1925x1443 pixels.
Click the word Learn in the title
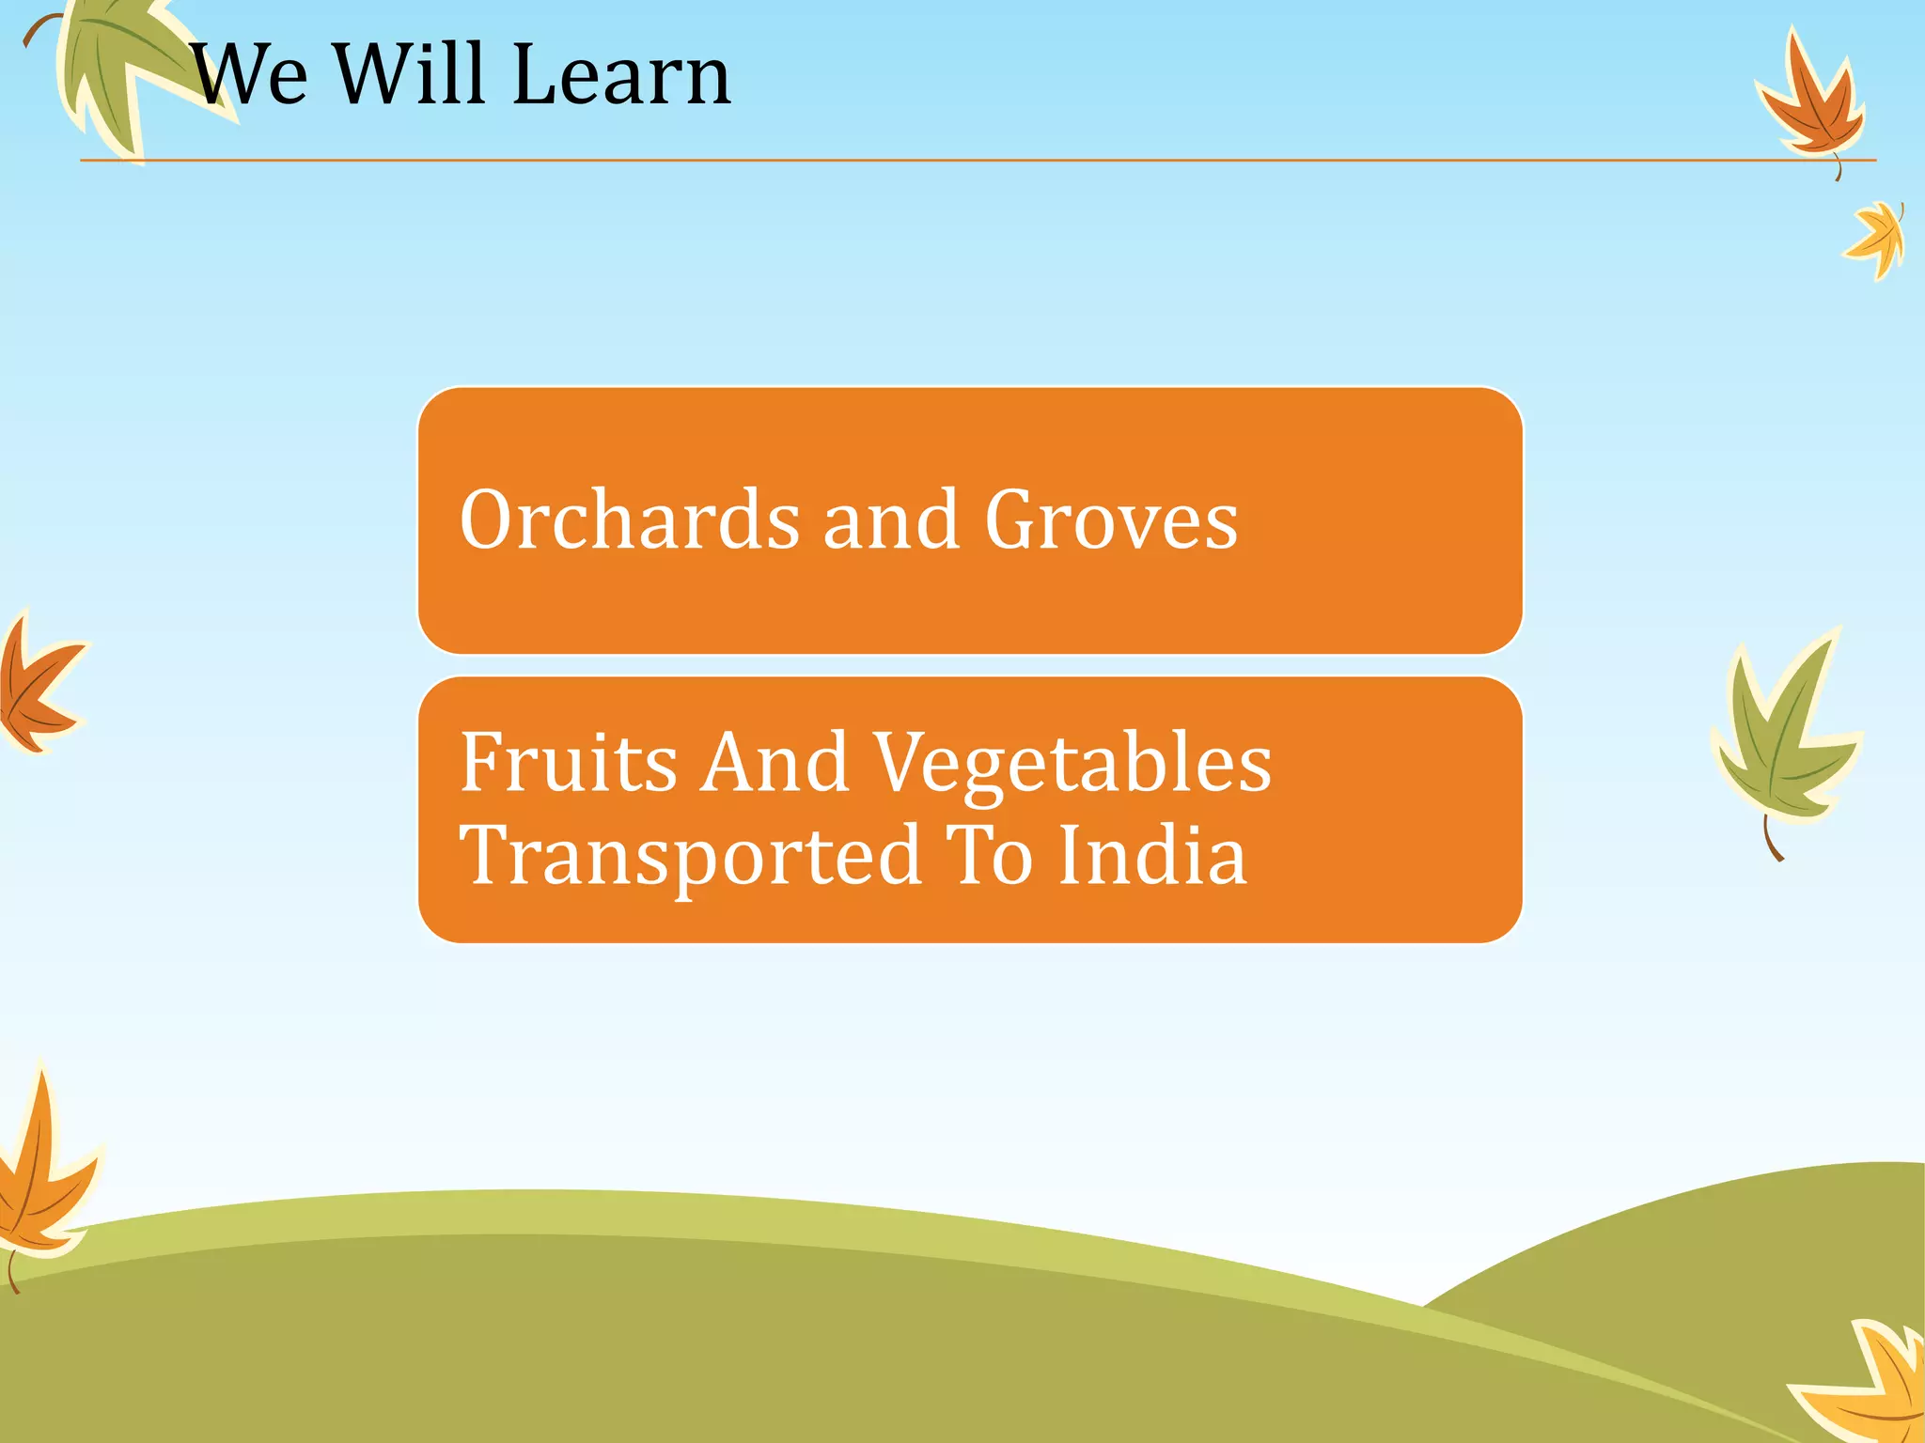click(x=621, y=75)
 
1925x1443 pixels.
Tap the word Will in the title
click(x=415, y=75)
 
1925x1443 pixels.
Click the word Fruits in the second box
click(x=568, y=763)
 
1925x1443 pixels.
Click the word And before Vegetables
click(x=776, y=763)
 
